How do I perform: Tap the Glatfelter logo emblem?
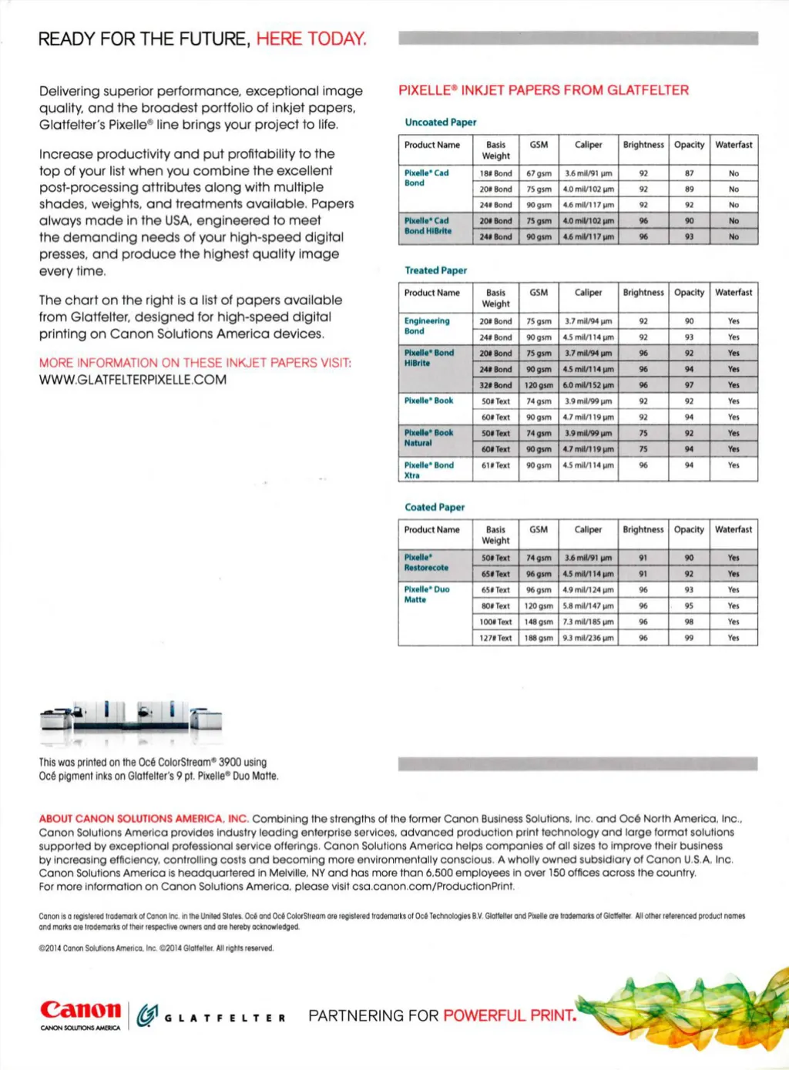tap(147, 1016)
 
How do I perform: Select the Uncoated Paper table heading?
tap(440, 122)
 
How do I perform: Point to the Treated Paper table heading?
tap(435, 270)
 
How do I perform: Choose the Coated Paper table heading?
tap(435, 507)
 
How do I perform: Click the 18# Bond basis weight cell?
tap(495, 173)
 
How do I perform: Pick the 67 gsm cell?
tap(539, 173)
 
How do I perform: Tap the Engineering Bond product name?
tap(426, 326)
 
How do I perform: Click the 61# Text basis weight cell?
tap(495, 465)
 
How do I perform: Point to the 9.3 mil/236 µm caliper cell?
tap(588, 638)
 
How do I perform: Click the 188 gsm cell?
tap(539, 638)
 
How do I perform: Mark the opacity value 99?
tap(689, 638)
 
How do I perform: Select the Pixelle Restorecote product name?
tap(426, 562)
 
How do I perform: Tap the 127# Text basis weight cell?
tap(495, 638)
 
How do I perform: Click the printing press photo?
tap(130, 720)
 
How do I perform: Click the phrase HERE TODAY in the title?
tap(311, 39)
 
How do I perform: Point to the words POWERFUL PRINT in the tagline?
tap(509, 1015)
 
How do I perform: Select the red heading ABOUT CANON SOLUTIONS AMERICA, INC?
tap(143, 819)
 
